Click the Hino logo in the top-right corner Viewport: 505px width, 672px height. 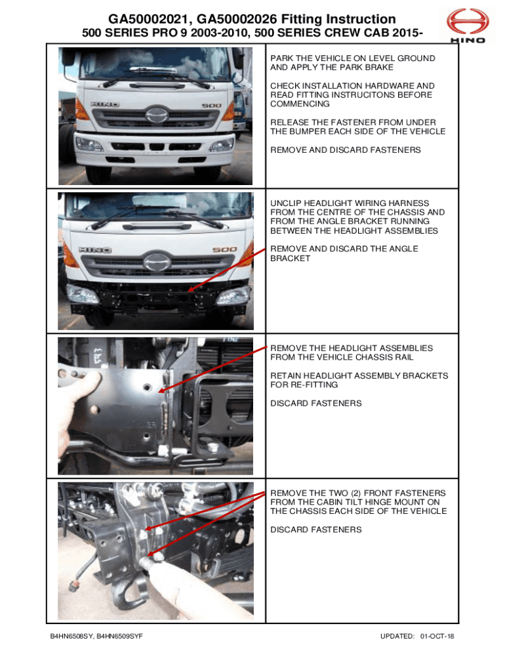point(468,26)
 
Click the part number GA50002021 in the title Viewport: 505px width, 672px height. point(148,19)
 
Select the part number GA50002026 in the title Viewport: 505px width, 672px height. point(237,19)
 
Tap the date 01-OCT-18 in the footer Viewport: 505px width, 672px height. point(437,637)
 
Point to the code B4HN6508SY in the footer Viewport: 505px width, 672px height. point(71,637)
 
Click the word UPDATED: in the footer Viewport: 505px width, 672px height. point(397,637)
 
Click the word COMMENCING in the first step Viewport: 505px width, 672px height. point(300,104)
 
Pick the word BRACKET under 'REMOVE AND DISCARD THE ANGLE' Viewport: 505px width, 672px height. point(290,259)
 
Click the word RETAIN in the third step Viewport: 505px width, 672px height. point(286,376)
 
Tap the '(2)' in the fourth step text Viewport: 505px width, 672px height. point(356,493)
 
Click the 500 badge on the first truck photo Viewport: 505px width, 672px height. point(212,106)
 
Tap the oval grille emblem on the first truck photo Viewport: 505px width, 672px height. point(157,115)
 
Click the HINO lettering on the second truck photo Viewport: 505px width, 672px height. point(95,250)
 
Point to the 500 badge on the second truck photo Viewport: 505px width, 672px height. point(224,249)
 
